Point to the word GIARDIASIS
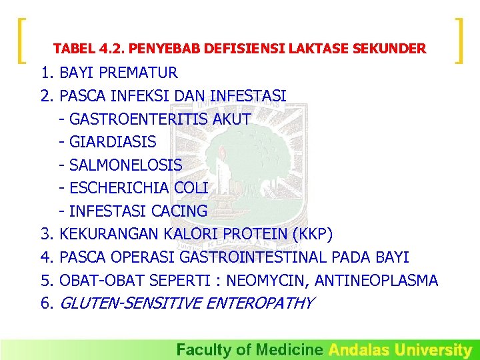113,142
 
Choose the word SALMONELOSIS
125,165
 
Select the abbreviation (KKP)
312,234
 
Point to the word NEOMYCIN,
267,281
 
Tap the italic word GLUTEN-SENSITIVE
132,303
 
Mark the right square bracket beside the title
459,41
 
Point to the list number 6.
47,304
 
